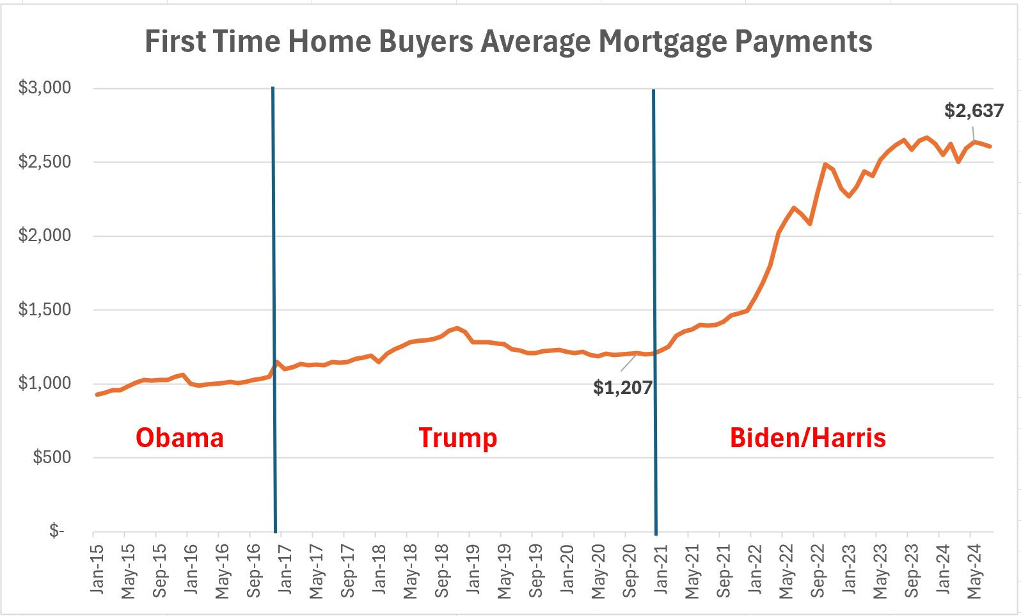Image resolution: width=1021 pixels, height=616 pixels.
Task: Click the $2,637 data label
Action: click(x=974, y=111)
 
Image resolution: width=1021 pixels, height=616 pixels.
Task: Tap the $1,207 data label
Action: click(x=622, y=387)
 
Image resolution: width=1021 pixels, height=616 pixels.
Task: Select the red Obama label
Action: click(x=180, y=438)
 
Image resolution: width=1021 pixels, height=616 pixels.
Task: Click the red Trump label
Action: click(x=458, y=438)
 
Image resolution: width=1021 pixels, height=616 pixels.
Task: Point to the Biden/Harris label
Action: click(x=808, y=438)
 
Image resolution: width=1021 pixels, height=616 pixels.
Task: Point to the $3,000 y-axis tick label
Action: click(x=45, y=88)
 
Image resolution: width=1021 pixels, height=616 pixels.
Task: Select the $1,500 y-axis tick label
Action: click(x=45, y=310)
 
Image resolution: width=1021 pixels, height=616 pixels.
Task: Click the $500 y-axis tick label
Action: click(x=52, y=457)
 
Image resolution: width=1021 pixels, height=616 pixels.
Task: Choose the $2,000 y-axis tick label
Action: click(x=45, y=235)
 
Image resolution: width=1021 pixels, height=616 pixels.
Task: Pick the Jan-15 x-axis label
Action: click(x=97, y=569)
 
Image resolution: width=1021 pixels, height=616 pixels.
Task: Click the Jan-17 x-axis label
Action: click(x=285, y=569)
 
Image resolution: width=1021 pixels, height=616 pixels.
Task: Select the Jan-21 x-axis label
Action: click(x=661, y=569)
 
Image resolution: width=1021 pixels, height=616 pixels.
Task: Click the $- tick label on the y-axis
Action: click(x=57, y=531)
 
